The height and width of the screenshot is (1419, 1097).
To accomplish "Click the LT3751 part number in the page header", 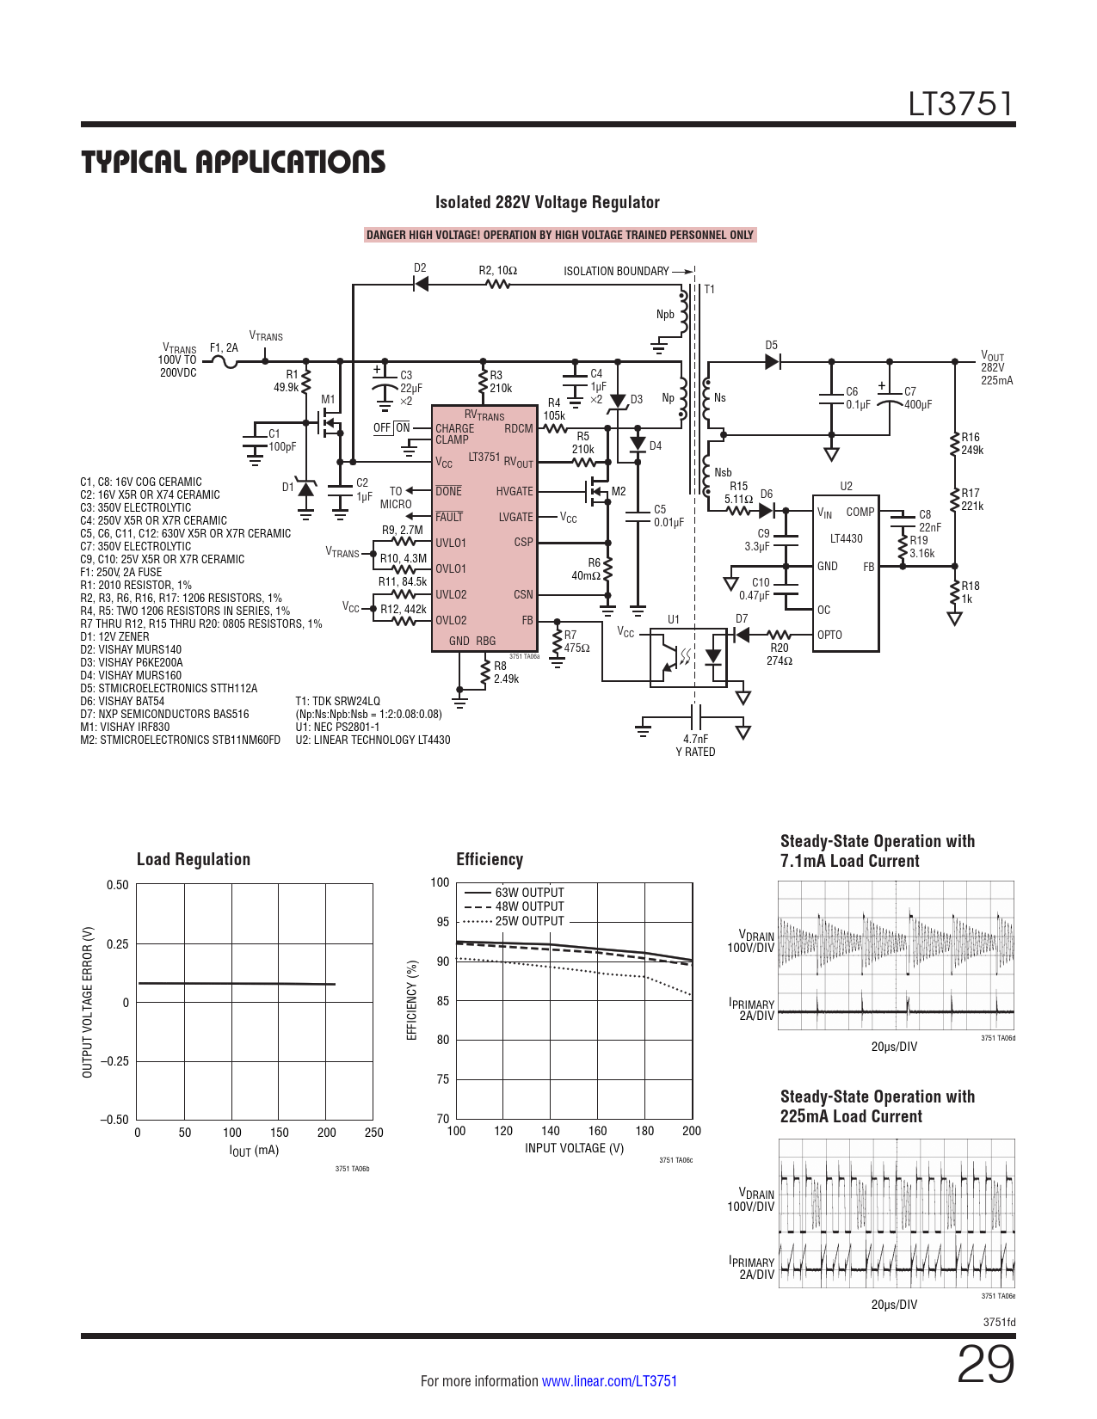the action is pos(961,104).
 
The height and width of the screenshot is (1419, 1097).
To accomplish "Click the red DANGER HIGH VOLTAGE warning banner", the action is pos(560,235).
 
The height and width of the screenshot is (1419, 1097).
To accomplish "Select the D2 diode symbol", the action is pos(421,284).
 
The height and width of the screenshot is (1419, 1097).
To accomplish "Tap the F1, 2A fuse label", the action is pos(224,348).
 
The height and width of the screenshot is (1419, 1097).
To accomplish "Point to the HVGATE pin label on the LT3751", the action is pos(515,491).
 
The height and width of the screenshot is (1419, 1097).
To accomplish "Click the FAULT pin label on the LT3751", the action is pos(449,517).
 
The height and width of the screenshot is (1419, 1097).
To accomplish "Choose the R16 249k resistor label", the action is pos(972,444).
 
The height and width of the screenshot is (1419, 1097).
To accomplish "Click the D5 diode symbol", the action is pos(773,361).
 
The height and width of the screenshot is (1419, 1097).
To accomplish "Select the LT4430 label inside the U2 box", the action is pos(846,538).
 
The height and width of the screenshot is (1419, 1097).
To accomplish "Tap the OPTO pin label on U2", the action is pos(829,635).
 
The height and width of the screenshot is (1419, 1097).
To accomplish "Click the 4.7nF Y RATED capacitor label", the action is pos(696,745).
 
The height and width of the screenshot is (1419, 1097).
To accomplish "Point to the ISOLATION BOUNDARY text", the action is pos(616,271).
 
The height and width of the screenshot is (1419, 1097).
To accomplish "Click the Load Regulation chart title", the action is pos(194,859).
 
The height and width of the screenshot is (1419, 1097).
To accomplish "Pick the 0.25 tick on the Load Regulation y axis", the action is pos(118,943).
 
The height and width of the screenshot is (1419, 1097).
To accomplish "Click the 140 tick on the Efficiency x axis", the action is pos(550,1130).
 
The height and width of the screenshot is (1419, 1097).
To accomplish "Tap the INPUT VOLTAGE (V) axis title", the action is pos(574,1148).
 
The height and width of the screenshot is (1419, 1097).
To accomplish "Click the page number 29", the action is pos(985,1364).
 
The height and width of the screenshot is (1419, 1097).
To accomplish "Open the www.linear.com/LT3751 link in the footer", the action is pos(610,1380).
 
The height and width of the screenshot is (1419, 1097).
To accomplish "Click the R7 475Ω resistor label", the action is pos(576,642).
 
